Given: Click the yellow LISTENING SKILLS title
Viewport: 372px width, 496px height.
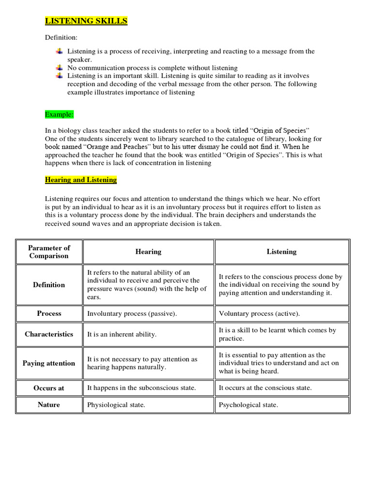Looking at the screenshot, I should (x=86, y=21).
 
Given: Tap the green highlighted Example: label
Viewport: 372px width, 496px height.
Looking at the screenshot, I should (x=60, y=114).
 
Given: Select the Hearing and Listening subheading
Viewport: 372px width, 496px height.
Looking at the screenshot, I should (x=81, y=180).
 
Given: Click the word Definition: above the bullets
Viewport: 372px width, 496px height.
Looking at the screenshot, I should (x=61, y=37).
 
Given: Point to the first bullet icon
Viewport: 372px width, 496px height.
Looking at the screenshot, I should (x=59, y=51).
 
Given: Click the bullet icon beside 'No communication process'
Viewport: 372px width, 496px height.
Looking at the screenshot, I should (x=59, y=67).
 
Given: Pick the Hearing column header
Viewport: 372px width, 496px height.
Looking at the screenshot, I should (x=148, y=251).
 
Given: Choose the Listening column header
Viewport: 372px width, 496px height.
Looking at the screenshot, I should (x=281, y=251).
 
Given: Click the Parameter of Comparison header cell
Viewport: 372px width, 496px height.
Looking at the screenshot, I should (x=49, y=251).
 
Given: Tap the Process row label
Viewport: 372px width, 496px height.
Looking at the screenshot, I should (x=49, y=313).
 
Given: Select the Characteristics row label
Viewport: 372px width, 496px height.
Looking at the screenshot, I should (x=49, y=334).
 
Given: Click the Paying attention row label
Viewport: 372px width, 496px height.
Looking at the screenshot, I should (x=49, y=363).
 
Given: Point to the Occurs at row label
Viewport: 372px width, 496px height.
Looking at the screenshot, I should (x=49, y=388).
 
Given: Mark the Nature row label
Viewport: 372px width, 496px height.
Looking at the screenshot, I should (x=49, y=405).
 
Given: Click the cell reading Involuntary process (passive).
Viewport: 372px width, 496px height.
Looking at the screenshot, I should (x=132, y=313).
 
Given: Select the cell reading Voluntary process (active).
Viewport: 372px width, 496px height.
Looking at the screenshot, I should (x=259, y=313).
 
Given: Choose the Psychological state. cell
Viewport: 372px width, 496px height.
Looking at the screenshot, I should (x=248, y=405).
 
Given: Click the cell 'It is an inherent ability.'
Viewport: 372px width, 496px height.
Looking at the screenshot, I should (x=122, y=334).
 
